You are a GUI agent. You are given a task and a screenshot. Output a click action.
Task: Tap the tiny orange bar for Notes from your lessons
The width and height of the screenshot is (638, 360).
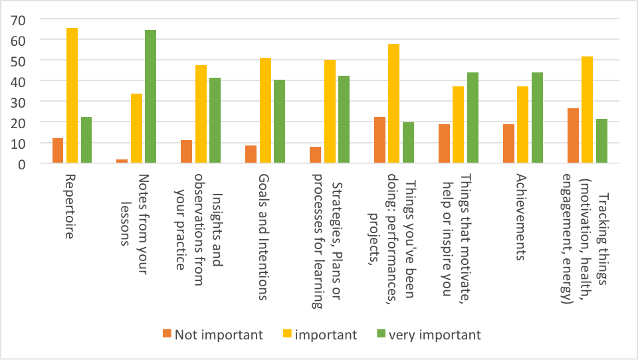coord(122,161)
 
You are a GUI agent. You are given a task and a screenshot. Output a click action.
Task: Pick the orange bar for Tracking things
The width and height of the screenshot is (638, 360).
coord(572,135)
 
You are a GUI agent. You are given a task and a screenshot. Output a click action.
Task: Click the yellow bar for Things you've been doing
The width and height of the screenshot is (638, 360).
coord(393,104)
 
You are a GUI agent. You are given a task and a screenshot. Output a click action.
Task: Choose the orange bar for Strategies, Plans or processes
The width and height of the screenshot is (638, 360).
coord(315,155)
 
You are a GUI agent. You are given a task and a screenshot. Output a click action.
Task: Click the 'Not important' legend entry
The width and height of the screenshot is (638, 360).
coord(212,334)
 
